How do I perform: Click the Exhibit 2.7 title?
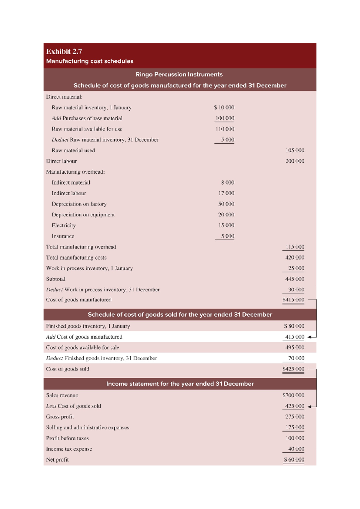click(64, 52)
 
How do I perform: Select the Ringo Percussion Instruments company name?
click(179, 74)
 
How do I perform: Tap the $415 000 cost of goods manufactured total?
click(293, 299)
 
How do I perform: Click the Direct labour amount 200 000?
click(295, 161)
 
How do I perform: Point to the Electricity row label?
click(64, 225)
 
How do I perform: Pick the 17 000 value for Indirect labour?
click(226, 193)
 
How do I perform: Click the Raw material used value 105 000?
click(295, 150)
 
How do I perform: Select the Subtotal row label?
click(55, 279)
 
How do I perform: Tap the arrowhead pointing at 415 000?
click(310, 337)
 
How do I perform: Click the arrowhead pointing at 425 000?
click(310, 406)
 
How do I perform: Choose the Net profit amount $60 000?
click(294, 460)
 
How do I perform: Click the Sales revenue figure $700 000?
click(293, 395)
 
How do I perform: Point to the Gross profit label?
click(60, 417)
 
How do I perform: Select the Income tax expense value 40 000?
click(296, 449)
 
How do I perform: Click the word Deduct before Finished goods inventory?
click(54, 358)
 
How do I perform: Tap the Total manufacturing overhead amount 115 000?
click(295, 247)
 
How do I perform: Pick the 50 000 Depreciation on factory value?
click(226, 204)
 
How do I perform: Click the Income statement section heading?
click(180, 384)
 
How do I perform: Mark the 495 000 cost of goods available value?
click(295, 347)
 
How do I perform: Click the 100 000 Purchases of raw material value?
click(225, 118)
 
